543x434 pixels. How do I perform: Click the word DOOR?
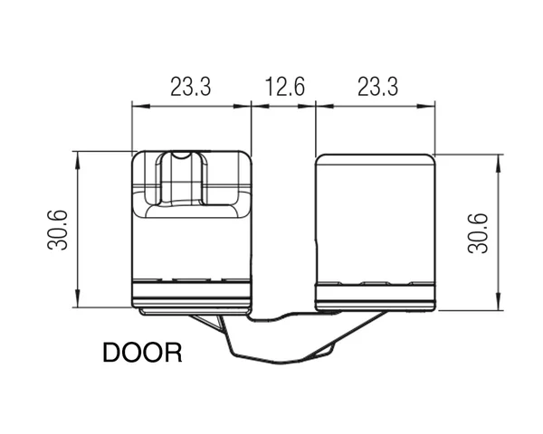tap(142, 353)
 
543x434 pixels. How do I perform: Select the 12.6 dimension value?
tap(285, 87)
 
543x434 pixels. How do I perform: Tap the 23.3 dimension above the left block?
tap(190, 87)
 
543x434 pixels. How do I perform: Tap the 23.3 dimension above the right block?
tap(377, 87)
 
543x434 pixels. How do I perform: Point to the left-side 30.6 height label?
tap(58, 230)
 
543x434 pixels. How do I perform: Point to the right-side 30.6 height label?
tap(478, 233)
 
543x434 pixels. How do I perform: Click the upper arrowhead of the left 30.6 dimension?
tap(78, 160)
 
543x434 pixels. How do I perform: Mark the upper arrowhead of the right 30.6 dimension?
tap(499, 164)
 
